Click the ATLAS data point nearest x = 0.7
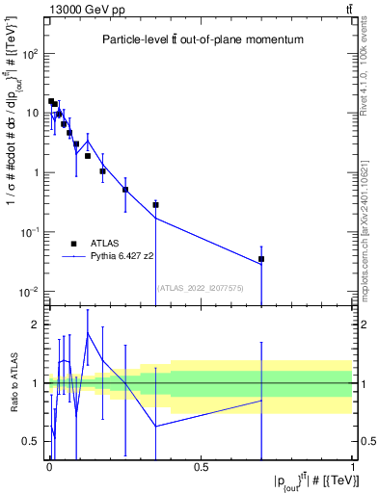(261, 259)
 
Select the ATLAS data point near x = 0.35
(155, 205)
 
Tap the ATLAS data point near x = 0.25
(125, 190)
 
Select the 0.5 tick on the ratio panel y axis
(32, 441)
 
